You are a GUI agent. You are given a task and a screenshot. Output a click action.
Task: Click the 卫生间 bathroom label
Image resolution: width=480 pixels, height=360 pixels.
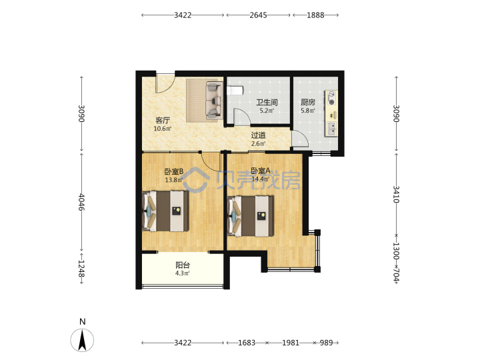tap(267, 102)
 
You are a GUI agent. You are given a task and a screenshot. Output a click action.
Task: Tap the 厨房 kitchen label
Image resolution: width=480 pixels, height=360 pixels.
tap(307, 102)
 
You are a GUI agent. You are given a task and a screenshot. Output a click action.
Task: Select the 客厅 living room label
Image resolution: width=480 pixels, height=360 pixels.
tap(163, 120)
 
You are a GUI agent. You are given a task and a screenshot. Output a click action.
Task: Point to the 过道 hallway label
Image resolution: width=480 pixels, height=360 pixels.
tap(258, 135)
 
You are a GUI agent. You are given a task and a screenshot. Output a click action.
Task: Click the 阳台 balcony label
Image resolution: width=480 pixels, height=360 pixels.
tap(183, 265)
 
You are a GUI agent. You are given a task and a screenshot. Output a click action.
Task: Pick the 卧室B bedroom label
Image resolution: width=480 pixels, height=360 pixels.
tap(174, 171)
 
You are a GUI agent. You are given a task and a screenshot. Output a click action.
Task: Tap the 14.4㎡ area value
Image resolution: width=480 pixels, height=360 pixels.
tap(260, 179)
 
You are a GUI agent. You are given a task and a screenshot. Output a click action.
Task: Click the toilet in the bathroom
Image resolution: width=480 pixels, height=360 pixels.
tap(235, 91)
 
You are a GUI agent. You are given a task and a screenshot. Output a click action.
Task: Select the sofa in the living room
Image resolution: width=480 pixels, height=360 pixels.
tap(214, 100)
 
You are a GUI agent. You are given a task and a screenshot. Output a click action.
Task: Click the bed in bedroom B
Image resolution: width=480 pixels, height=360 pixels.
tap(165, 211)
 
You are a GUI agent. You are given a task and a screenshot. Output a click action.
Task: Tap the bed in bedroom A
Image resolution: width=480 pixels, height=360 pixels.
tap(251, 216)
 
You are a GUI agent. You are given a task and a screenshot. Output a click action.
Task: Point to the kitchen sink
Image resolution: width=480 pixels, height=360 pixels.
tap(331, 129)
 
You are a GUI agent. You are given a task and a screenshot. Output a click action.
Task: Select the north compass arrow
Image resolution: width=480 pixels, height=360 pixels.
tap(82, 340)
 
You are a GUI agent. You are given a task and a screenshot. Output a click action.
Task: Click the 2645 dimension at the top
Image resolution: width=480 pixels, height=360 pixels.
tap(259, 15)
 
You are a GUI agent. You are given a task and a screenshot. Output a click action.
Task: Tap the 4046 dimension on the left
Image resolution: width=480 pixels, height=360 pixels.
tap(81, 202)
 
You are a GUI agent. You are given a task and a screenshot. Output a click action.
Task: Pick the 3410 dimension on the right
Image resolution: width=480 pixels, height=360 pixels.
tap(396, 194)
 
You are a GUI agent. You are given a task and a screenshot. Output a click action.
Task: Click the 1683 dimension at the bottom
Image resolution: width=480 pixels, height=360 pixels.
tap(247, 343)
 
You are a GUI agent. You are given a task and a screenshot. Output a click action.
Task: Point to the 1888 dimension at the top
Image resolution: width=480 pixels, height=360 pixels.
tap(315, 15)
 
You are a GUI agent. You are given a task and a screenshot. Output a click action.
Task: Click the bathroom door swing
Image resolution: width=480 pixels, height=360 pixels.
tap(242, 117)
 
